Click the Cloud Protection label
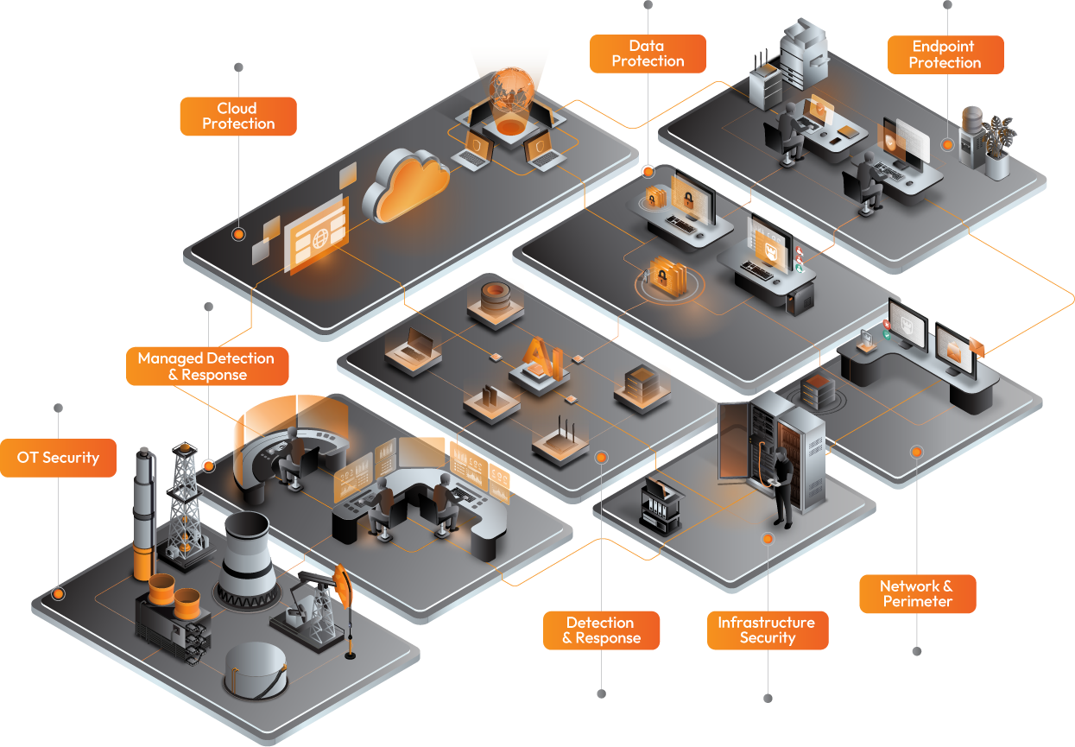[238, 117]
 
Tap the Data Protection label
[648, 54]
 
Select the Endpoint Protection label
[945, 54]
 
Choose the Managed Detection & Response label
[207, 366]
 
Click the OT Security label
[58, 458]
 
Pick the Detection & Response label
[601, 630]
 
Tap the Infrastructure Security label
[768, 630]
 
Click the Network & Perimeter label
[918, 594]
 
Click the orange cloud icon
[407, 186]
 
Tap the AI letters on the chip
[543, 357]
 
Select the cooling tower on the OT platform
[248, 560]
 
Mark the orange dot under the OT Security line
[58, 594]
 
